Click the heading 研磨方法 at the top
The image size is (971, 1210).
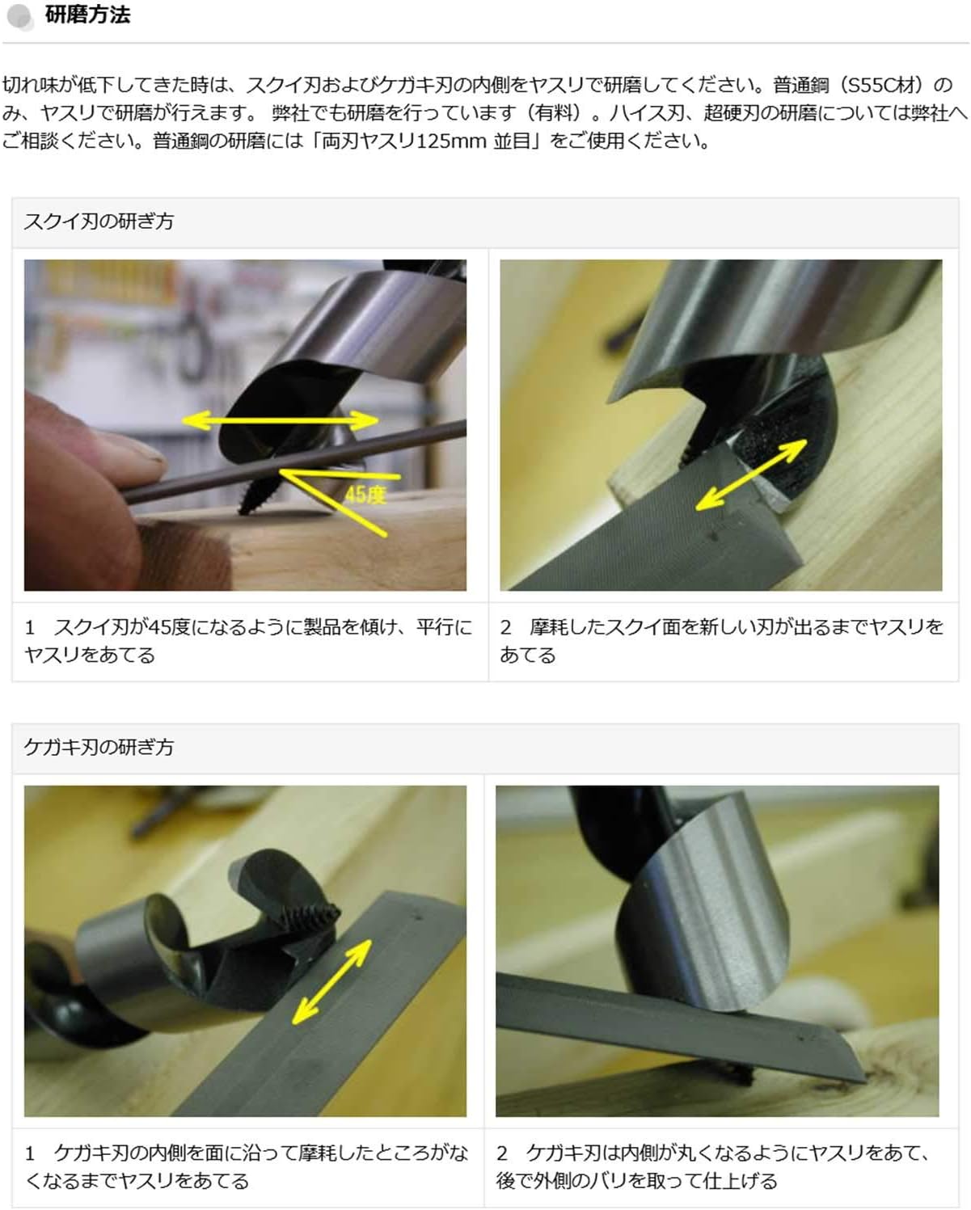pyautogui.click(x=87, y=15)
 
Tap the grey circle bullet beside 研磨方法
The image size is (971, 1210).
pyautogui.click(x=19, y=16)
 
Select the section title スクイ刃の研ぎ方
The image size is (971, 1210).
pyautogui.click(x=99, y=221)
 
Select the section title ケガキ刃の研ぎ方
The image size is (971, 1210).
pyautogui.click(x=99, y=747)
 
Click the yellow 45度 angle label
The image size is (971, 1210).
pyautogui.click(x=365, y=495)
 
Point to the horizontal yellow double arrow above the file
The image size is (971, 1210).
pyautogui.click(x=281, y=420)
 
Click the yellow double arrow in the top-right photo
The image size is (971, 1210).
pyautogui.click(x=752, y=474)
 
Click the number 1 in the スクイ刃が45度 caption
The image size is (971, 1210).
pyautogui.click(x=30, y=627)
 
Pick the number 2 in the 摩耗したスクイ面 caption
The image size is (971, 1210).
pyautogui.click(x=505, y=627)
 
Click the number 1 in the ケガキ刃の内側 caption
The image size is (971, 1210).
pyautogui.click(x=30, y=1153)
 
